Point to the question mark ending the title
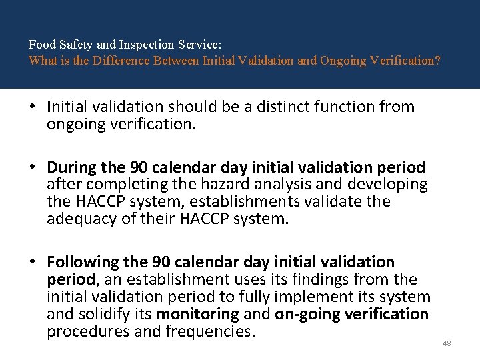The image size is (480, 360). coord(437,60)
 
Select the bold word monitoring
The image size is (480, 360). coord(198,314)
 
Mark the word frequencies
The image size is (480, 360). coord(213,331)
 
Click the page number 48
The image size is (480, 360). coord(447,343)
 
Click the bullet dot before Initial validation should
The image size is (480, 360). coord(33,107)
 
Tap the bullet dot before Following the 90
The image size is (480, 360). coord(33,262)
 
